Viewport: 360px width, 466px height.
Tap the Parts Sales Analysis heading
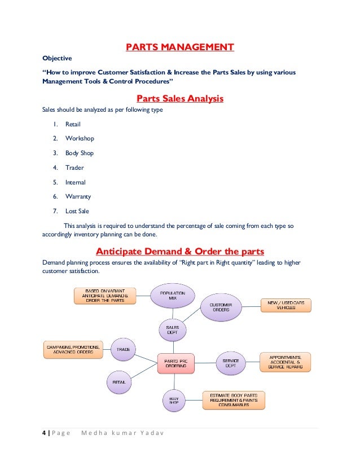[180, 99]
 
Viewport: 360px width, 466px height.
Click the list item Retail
[73, 124]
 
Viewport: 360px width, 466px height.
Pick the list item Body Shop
[79, 153]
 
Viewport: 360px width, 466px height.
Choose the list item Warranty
[78, 197]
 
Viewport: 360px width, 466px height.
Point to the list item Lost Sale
[77, 212]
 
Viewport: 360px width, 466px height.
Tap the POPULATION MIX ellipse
[173, 296]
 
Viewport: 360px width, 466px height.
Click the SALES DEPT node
[172, 329]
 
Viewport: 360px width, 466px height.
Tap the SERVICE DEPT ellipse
[231, 363]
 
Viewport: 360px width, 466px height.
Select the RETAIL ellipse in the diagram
[119, 382]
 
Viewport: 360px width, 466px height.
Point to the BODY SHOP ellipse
[174, 401]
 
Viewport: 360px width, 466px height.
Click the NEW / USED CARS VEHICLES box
[286, 306]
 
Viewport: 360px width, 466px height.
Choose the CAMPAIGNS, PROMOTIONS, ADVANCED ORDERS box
[73, 350]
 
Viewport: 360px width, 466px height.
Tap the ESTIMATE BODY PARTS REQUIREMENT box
[234, 400]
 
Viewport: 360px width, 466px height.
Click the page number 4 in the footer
[43, 433]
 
